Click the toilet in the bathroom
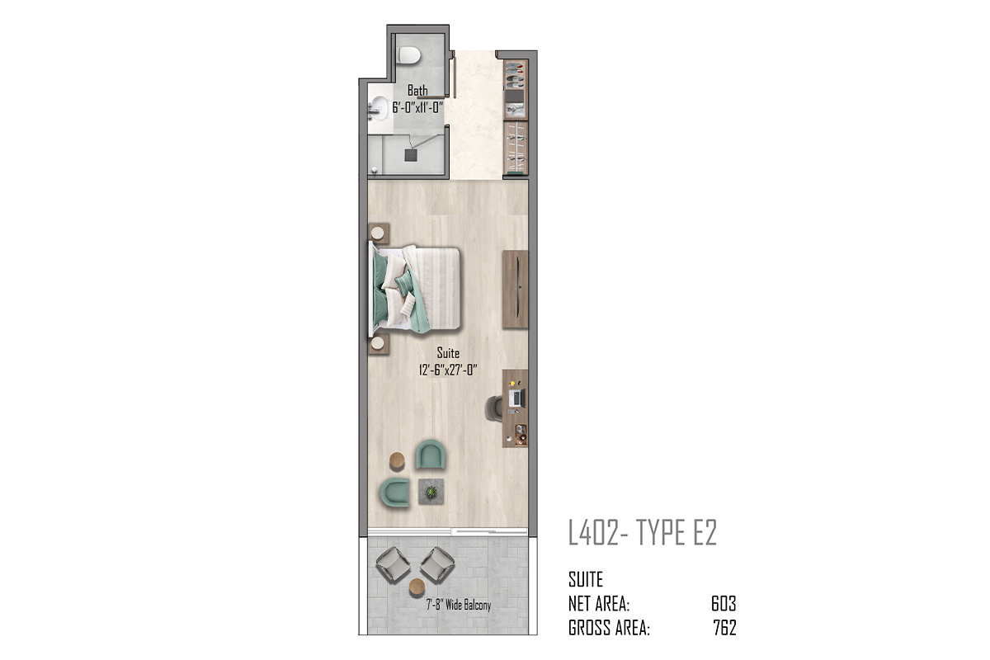tap(409, 56)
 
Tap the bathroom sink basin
tap(379, 108)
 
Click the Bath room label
tap(417, 91)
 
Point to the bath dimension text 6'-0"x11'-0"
tap(417, 107)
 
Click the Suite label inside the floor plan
tap(448, 353)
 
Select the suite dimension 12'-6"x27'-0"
tap(448, 370)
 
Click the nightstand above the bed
tap(379, 233)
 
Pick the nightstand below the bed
tap(379, 344)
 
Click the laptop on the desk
tap(516, 398)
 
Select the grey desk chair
tap(494, 408)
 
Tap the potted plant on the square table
tap(431, 491)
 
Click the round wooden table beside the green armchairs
tap(397, 461)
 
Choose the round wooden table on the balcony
tap(417, 587)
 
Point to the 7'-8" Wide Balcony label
tap(459, 605)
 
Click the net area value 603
tap(724, 603)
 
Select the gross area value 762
tap(724, 628)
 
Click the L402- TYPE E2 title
tap(642, 533)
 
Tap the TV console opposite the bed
tap(516, 289)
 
